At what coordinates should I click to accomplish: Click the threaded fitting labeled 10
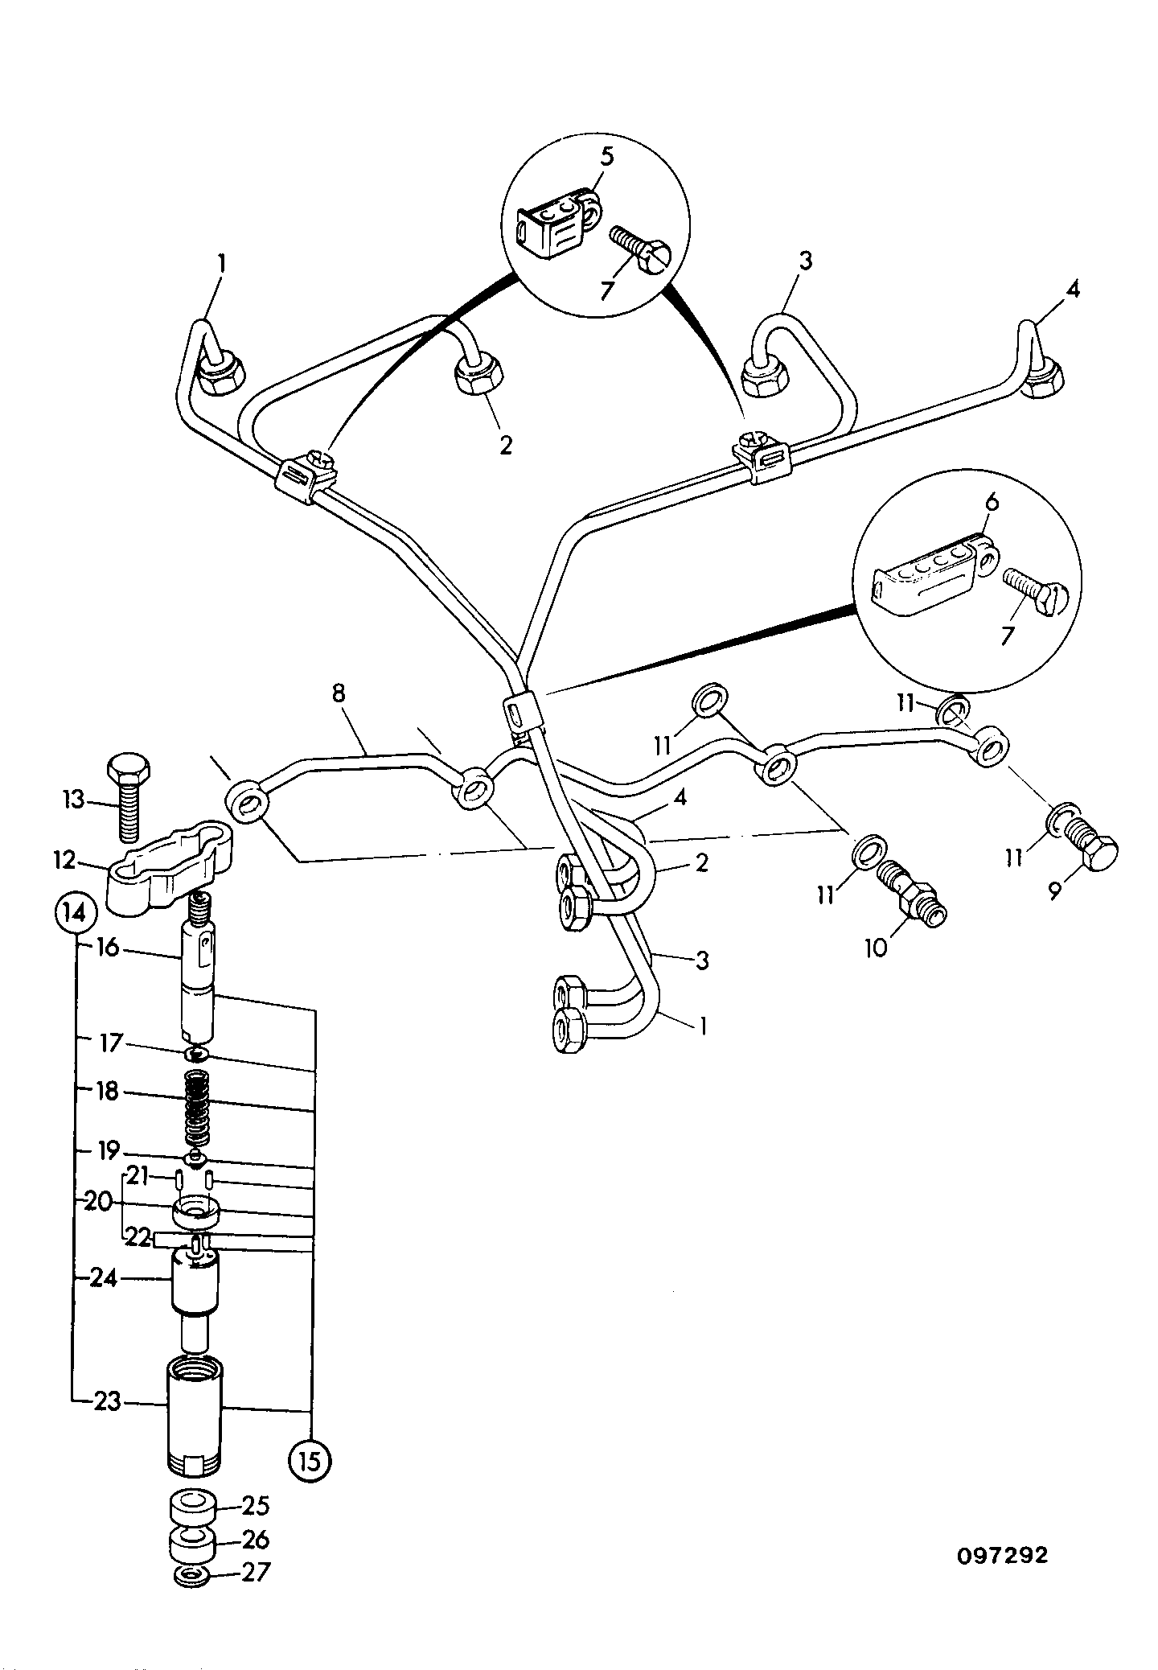(x=912, y=892)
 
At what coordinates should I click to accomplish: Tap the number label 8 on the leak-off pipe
(x=339, y=694)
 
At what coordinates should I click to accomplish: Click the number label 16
(x=107, y=947)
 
